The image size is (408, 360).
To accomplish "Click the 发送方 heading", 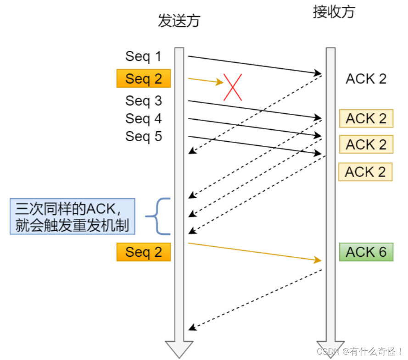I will tap(179, 21).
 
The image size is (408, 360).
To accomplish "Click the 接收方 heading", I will tap(334, 12).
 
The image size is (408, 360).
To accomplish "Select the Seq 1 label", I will tap(143, 56).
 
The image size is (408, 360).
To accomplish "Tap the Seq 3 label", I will tap(143, 100).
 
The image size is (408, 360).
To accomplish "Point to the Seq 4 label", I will tap(143, 118).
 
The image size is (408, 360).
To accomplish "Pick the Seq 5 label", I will tap(143, 136).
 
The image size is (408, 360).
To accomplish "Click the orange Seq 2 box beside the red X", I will tap(143, 78).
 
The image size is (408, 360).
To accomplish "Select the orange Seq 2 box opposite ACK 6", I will tap(143, 252).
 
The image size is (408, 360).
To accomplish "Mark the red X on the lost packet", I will tap(233, 87).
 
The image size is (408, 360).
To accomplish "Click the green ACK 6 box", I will tap(366, 252).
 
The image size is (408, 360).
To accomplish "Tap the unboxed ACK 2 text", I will tap(366, 78).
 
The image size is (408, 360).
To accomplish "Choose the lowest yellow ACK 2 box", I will tap(365, 172).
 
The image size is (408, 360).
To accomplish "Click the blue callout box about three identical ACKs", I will tap(73, 216).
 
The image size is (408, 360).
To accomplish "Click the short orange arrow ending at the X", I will tap(204, 81).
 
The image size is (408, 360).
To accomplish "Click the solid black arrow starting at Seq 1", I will tap(255, 65).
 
